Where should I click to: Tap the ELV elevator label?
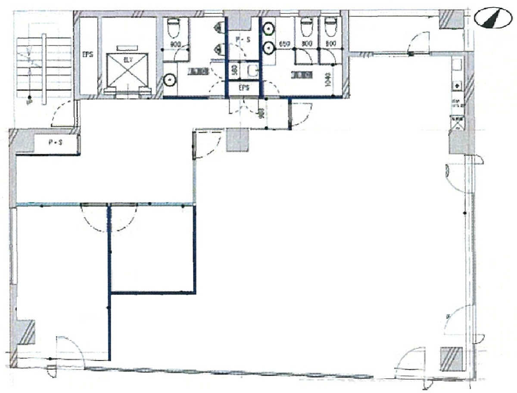128,60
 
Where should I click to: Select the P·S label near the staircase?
55,143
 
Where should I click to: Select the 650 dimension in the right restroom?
283,44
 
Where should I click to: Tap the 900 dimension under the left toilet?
175,44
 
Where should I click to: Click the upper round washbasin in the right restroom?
269,29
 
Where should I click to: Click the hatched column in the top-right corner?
451,19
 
